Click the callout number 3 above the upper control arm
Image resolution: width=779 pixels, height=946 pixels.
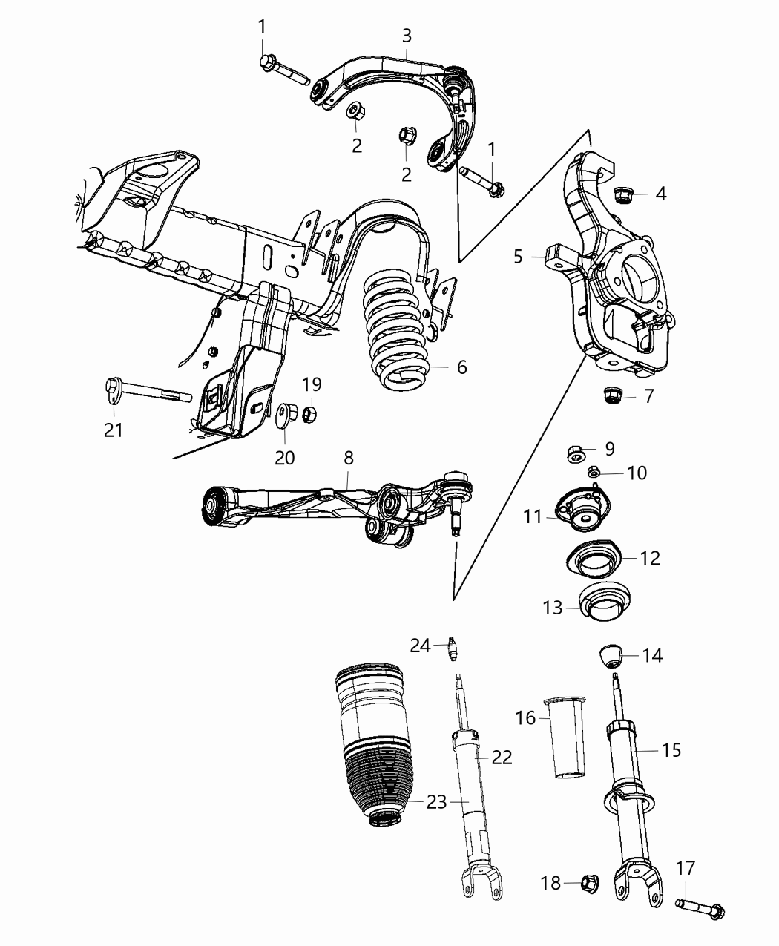click(407, 35)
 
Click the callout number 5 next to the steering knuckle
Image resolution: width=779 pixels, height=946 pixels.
click(519, 257)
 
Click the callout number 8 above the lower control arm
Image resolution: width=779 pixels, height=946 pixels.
click(349, 459)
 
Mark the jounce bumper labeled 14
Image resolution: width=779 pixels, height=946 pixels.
click(609, 654)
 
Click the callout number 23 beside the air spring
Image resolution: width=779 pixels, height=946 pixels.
click(437, 802)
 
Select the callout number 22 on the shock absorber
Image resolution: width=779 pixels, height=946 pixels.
click(502, 758)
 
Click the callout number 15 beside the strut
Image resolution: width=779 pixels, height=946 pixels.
click(671, 749)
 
